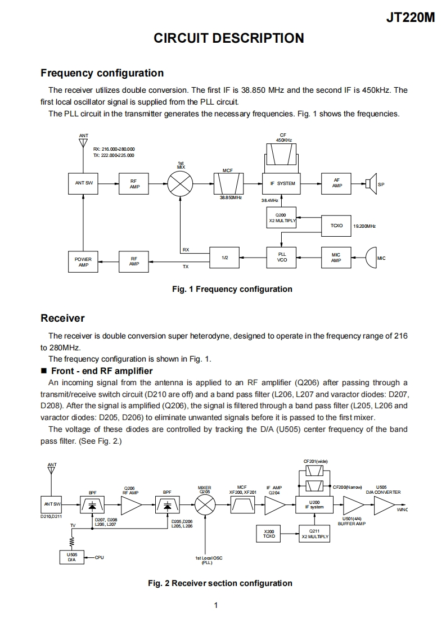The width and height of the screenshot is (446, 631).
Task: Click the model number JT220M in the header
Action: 411,17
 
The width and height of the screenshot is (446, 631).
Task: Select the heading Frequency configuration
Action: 102,73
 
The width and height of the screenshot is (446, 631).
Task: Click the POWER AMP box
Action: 83,262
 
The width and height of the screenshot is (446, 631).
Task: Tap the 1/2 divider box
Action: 225,257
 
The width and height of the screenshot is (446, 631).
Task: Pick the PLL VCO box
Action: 282,257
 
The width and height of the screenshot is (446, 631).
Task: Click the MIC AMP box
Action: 336,257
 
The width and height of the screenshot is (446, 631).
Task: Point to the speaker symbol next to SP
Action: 370,183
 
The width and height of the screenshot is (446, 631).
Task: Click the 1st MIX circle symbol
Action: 181,183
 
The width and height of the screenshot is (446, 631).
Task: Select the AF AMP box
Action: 336,183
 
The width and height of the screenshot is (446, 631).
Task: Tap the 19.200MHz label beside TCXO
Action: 364,226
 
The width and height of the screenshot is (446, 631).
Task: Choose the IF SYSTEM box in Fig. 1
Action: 282,183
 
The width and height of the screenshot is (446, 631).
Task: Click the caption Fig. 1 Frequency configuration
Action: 232,289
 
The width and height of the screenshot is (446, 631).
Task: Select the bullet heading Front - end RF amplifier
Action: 102,371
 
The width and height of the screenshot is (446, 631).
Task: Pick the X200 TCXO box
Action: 269,534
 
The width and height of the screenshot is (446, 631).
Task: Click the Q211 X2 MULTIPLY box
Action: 315,534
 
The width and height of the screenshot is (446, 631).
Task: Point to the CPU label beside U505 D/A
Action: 100,557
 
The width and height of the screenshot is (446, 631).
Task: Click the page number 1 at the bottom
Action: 216,606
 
